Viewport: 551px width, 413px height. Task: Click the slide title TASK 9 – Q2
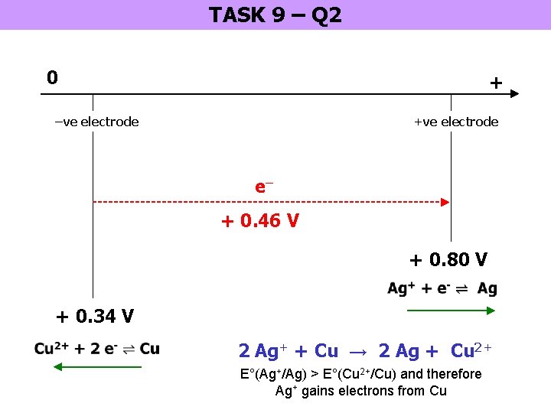coord(275,15)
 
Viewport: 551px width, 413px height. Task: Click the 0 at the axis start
coord(51,77)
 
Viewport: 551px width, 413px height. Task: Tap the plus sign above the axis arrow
coord(496,82)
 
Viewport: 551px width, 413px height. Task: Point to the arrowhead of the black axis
coord(514,94)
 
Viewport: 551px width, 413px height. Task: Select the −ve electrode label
coord(96,122)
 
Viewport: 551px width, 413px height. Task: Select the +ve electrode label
coord(455,122)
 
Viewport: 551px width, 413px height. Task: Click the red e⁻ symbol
coord(264,187)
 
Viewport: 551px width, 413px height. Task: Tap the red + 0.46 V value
coord(260,222)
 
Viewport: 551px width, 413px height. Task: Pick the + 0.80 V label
coord(448,260)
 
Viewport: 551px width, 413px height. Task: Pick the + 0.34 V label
coord(95,316)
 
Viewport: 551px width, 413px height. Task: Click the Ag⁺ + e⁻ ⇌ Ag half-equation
coord(442,288)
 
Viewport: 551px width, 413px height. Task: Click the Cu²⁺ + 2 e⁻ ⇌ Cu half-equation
coord(97,349)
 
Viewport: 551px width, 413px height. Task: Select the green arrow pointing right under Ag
coord(452,310)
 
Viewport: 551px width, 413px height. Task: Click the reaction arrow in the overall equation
coord(357,351)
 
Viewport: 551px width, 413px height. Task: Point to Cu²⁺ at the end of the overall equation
coord(471,351)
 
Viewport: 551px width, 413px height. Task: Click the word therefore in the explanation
coord(455,374)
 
